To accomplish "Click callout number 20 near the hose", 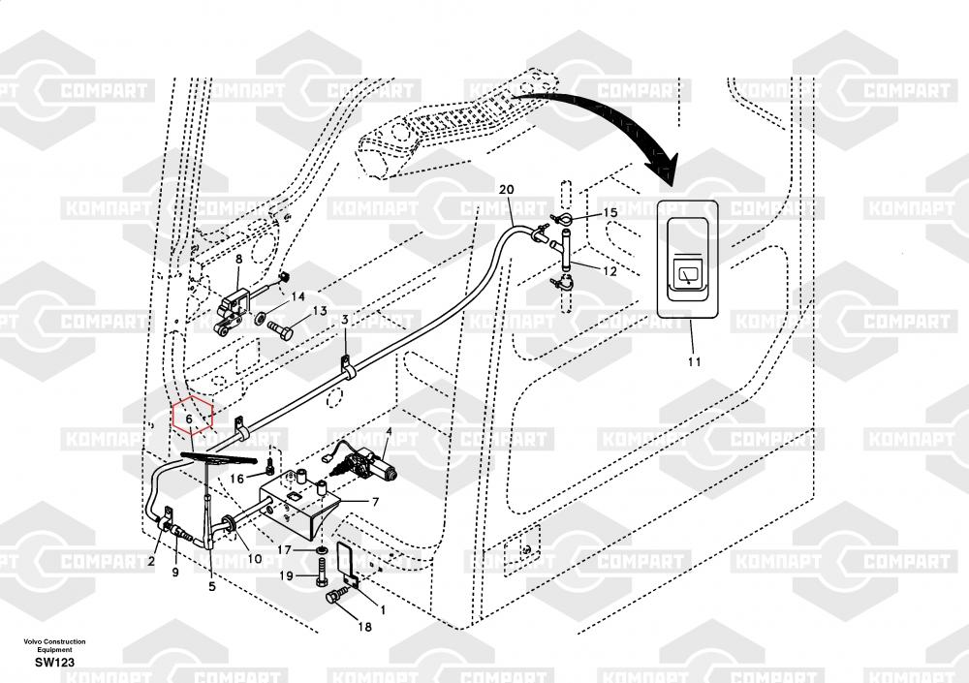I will coord(506,190).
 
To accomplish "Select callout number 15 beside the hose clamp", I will coord(610,212).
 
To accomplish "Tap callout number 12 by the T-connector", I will coord(610,272).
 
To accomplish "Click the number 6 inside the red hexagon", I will coord(190,418).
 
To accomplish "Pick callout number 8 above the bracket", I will coord(238,259).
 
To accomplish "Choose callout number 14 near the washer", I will coord(299,296).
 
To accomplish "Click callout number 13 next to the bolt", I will coord(319,312).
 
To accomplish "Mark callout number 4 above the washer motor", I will coord(389,431).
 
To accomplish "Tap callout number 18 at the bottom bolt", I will coord(364,627).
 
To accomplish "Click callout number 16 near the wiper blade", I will coord(236,478).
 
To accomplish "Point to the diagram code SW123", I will coord(54,662).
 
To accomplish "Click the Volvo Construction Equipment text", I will coord(55,645).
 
